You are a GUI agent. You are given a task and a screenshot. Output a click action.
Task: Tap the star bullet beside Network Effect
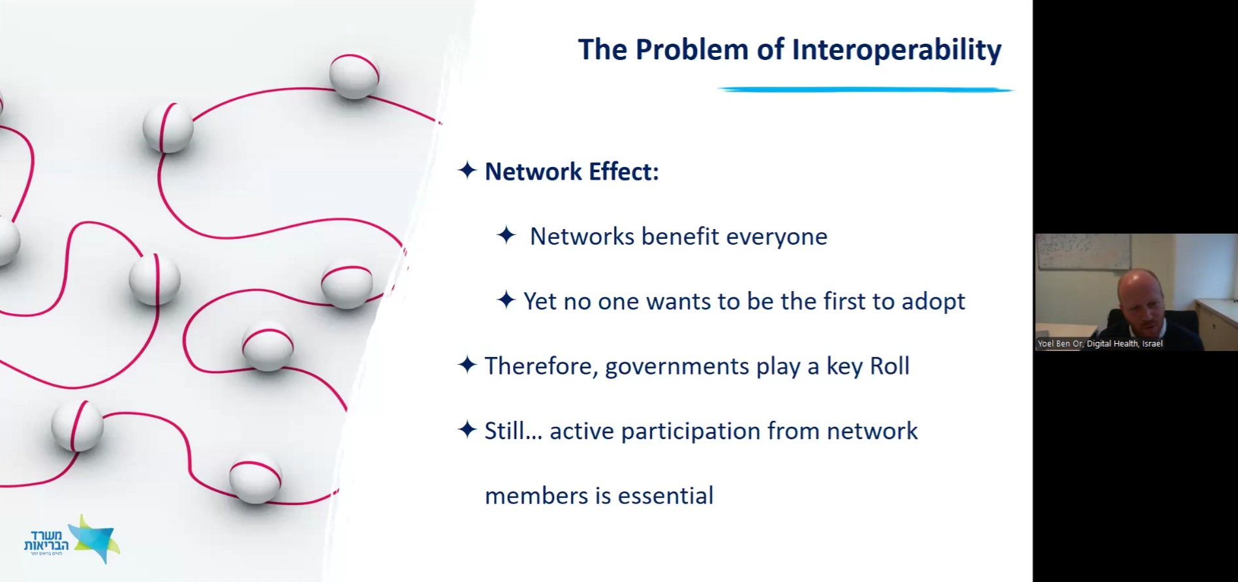point(467,171)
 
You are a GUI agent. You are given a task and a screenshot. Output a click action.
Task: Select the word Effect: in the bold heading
point(624,172)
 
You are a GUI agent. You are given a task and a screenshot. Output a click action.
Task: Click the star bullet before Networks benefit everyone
point(506,235)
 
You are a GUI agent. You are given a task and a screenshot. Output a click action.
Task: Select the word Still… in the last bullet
point(513,431)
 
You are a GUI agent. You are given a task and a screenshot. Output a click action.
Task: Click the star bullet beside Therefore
point(467,365)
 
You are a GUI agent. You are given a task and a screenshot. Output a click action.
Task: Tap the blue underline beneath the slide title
point(865,89)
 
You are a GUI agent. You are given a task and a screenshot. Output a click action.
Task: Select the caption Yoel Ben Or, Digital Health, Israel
point(1100,343)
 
